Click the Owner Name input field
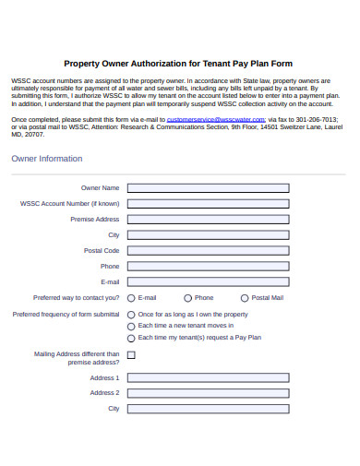[208, 187]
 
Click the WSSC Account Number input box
[208, 203]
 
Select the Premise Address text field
[208, 219]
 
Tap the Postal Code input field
[208, 250]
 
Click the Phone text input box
[208, 266]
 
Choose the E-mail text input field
[208, 281]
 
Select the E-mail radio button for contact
[130, 298]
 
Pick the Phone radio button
[187, 298]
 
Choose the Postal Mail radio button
[245, 298]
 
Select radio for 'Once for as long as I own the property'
[130, 315]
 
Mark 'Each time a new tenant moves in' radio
[130, 326]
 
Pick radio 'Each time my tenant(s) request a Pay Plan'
[130, 338]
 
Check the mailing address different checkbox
[130, 354]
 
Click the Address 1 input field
[208, 377]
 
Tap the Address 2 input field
[208, 392]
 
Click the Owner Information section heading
[47, 159]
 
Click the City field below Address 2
[208, 408]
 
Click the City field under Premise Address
[208, 234]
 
